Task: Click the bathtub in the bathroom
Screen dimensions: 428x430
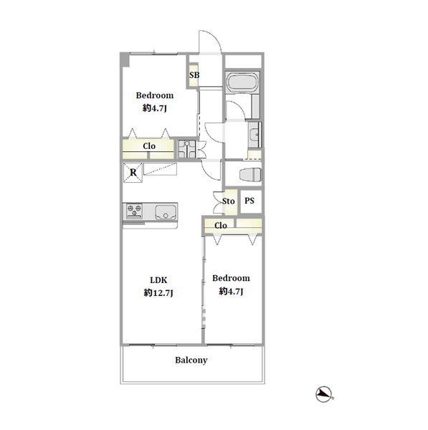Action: click(242, 82)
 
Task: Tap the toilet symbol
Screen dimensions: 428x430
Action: click(250, 174)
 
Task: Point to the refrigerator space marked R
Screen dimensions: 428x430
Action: click(133, 173)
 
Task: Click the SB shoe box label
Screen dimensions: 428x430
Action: click(194, 75)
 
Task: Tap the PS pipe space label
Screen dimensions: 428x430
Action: click(249, 201)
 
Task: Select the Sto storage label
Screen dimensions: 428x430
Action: click(229, 201)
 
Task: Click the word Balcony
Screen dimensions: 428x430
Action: click(191, 360)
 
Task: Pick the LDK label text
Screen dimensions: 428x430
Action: click(158, 280)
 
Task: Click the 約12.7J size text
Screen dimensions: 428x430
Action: click(158, 293)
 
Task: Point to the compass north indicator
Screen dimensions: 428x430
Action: click(325, 395)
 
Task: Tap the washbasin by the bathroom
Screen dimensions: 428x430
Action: click(255, 135)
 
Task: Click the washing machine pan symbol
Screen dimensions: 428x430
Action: click(187, 149)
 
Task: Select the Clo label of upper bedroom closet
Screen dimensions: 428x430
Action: click(149, 146)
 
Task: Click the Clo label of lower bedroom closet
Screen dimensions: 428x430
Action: click(221, 226)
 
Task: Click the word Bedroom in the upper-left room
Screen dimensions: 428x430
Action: click(155, 95)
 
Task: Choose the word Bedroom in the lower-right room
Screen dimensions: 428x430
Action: click(231, 278)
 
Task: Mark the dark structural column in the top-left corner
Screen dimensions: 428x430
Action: click(125, 60)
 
